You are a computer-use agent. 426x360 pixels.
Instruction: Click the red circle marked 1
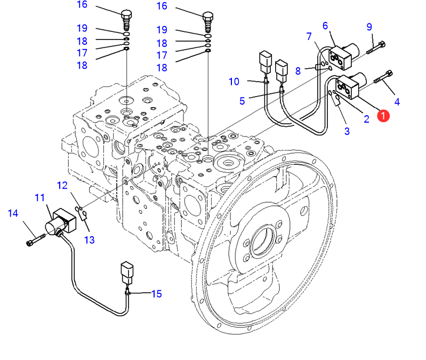[383, 116]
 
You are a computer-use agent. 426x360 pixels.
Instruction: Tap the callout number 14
[13, 213]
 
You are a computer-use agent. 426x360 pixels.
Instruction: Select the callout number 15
[157, 294]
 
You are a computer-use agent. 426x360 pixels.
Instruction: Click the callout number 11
[39, 198]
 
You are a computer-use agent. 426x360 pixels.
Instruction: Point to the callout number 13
[90, 240]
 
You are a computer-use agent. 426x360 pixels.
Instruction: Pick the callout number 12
[62, 186]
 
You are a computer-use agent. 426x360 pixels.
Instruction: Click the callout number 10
[234, 82]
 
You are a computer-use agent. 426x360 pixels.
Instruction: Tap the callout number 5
[242, 101]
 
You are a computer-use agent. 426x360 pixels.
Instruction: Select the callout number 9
[369, 27]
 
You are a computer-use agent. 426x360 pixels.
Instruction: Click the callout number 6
[325, 26]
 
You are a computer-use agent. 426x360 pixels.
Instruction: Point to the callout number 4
[397, 102]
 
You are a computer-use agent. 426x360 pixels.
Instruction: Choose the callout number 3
[347, 131]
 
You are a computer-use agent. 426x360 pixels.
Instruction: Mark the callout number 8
[298, 71]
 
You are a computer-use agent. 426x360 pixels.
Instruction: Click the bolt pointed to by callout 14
[36, 240]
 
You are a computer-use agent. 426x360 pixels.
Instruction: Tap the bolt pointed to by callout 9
[376, 47]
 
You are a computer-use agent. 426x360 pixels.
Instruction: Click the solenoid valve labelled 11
[60, 223]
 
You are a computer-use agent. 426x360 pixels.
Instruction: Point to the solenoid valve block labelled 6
[344, 56]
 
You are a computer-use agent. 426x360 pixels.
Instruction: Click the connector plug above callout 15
[127, 273]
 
